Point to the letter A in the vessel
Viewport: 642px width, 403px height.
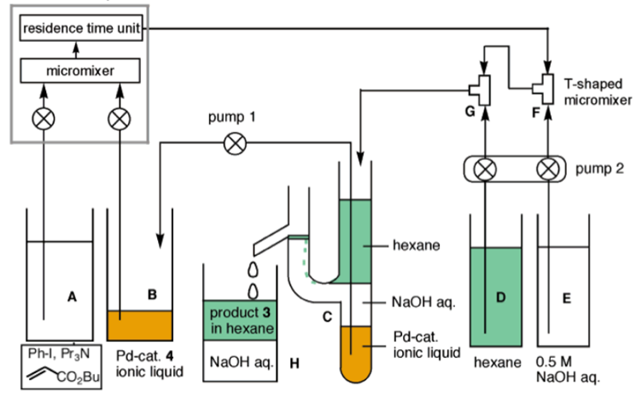(72, 297)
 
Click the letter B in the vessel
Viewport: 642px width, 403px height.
(151, 294)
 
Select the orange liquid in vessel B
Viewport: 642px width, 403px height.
(140, 325)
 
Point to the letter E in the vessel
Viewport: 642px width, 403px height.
(566, 298)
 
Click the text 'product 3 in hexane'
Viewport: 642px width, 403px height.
(242, 319)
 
